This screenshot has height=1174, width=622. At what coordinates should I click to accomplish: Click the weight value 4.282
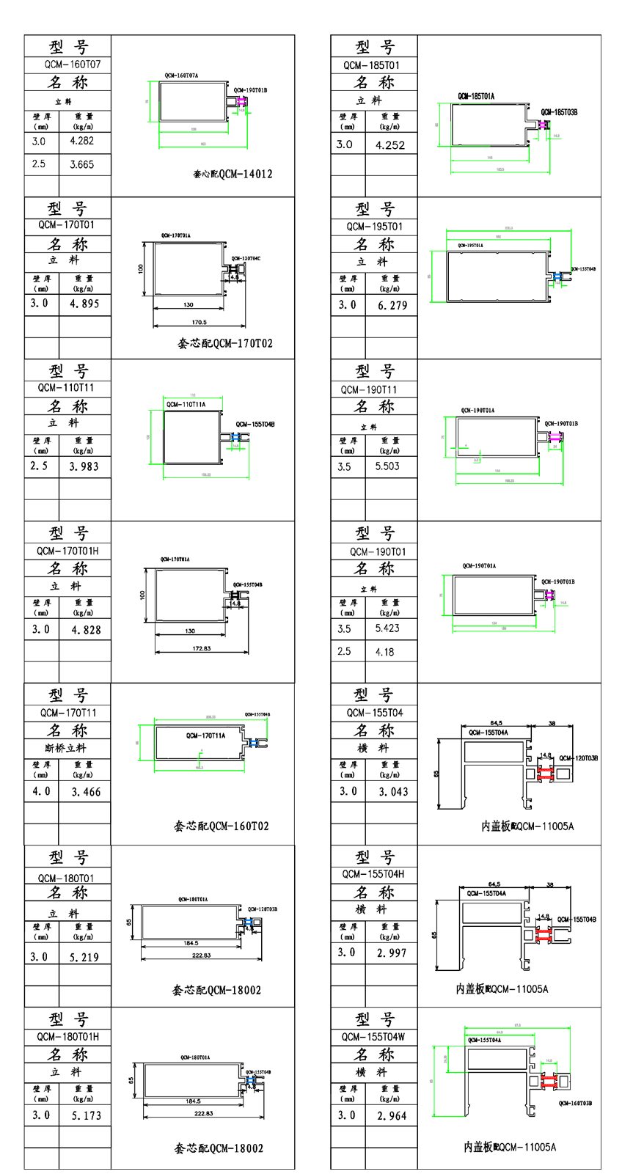pyautogui.click(x=81, y=141)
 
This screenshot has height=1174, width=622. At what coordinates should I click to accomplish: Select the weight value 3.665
pyautogui.click(x=81, y=164)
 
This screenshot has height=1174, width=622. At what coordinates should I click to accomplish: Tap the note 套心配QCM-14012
pyautogui.click(x=233, y=175)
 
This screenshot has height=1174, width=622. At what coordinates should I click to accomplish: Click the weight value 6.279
pyautogui.click(x=392, y=305)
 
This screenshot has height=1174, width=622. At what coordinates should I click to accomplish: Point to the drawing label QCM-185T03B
pyautogui.click(x=559, y=112)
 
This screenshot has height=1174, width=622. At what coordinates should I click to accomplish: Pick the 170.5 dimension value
pyautogui.click(x=199, y=322)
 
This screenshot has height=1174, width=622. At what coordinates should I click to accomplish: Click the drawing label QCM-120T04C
pyautogui.click(x=246, y=259)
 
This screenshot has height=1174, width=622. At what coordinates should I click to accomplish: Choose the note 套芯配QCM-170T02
pyautogui.click(x=225, y=343)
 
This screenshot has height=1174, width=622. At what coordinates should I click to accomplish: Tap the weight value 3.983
pyautogui.click(x=84, y=466)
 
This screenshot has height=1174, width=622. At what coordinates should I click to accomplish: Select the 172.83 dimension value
pyautogui.click(x=201, y=648)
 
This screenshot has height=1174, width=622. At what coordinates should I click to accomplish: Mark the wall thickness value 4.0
pyautogui.click(x=41, y=791)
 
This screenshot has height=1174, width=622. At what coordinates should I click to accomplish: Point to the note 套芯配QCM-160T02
pyautogui.click(x=222, y=826)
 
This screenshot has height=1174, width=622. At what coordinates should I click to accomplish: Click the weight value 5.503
pyautogui.click(x=387, y=466)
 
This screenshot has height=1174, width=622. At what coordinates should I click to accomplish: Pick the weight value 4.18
pyautogui.click(x=384, y=652)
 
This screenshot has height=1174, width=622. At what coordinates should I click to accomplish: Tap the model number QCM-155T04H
pyautogui.click(x=373, y=874)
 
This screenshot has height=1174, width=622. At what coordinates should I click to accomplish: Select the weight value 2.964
pyautogui.click(x=392, y=1115)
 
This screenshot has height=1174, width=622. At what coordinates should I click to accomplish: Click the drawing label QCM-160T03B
pyautogui.click(x=575, y=1103)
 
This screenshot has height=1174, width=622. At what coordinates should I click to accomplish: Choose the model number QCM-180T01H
pyautogui.click(x=67, y=1037)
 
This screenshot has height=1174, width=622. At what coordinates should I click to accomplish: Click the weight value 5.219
pyautogui.click(x=84, y=957)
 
